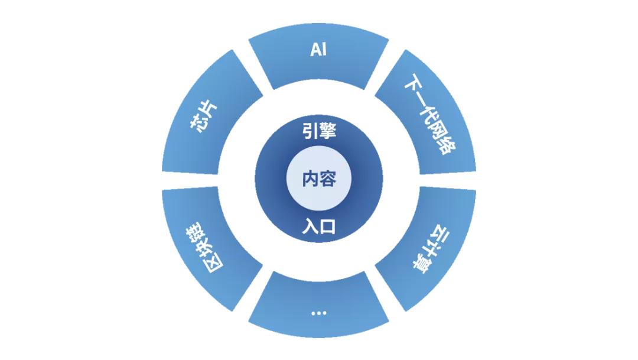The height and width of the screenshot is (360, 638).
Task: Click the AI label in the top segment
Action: click(318, 50)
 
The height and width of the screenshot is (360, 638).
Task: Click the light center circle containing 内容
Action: click(319, 179)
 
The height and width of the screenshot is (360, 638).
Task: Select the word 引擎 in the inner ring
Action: click(319, 131)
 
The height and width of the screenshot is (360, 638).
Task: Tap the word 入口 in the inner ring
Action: click(319, 227)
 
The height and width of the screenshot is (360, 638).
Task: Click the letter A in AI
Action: click(315, 50)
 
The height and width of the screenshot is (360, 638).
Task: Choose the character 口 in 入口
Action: click(327, 227)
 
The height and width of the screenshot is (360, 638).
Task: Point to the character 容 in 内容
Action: click(328, 179)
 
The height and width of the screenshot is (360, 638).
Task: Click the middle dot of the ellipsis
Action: click(318, 313)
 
